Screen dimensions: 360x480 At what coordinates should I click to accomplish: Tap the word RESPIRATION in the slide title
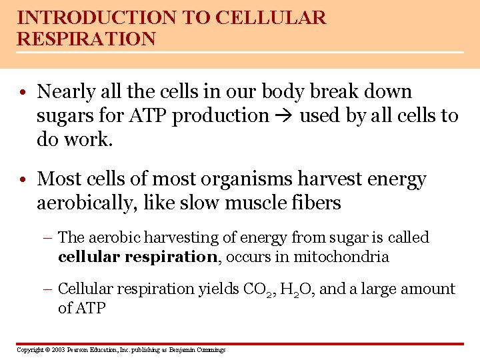[x=86, y=39]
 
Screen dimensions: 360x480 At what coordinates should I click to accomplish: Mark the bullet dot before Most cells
[x=24, y=180]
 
